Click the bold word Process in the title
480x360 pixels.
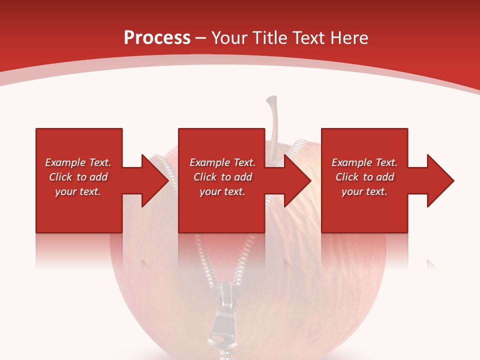157,38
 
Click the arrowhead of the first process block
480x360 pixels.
155,180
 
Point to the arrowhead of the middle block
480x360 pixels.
297,180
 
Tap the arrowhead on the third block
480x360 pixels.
440,180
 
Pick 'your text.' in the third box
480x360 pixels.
364,191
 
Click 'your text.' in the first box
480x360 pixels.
78,191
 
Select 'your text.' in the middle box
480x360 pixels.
222,191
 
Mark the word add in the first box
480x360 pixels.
99,177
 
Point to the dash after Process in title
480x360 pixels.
201,38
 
